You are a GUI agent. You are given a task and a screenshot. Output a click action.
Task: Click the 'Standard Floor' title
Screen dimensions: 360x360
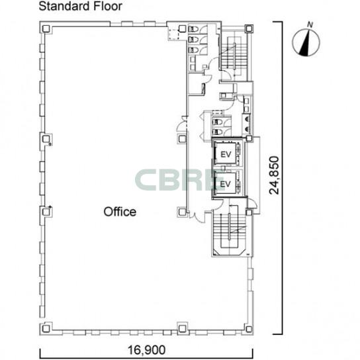pyautogui.click(x=80, y=6)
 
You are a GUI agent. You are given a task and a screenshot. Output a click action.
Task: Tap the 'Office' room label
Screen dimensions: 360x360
pyautogui.click(x=120, y=212)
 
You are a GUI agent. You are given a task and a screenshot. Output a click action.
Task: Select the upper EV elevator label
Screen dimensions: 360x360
pyautogui.click(x=226, y=154)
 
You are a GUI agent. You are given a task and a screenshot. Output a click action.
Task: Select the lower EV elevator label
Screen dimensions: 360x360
pyautogui.click(x=225, y=184)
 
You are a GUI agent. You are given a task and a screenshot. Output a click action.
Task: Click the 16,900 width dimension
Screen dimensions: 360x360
pyautogui.click(x=146, y=350)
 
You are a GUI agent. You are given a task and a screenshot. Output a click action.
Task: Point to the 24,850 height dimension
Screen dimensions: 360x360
pyautogui.click(x=274, y=175)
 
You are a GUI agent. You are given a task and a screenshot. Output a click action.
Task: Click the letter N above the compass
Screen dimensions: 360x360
pyautogui.click(x=310, y=24)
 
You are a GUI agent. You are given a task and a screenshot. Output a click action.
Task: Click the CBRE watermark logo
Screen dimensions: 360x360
pyautogui.click(x=179, y=180)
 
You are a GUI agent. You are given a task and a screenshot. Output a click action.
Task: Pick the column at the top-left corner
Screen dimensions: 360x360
pyautogui.click(x=46, y=28)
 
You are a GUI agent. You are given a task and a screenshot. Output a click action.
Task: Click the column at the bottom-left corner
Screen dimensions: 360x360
pyautogui.click(x=46, y=328)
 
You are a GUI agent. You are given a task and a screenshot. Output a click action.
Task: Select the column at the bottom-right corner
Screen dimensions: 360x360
pyautogui.click(x=249, y=329)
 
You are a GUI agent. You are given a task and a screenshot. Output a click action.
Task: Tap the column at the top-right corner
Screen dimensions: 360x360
pyautogui.click(x=249, y=28)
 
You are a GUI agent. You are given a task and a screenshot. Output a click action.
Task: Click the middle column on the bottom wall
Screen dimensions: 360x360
pyautogui.click(x=182, y=328)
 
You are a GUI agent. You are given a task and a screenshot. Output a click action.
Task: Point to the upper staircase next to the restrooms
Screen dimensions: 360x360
pyautogui.click(x=234, y=59)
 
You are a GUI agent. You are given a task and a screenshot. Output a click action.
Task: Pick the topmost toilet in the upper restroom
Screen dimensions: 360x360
pyautogui.click(x=193, y=29)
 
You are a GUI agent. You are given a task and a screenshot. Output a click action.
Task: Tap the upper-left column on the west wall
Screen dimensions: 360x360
pyautogui.click(x=46, y=139)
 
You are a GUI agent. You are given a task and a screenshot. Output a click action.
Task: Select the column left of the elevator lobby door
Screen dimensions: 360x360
pyautogui.click(x=182, y=212)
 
